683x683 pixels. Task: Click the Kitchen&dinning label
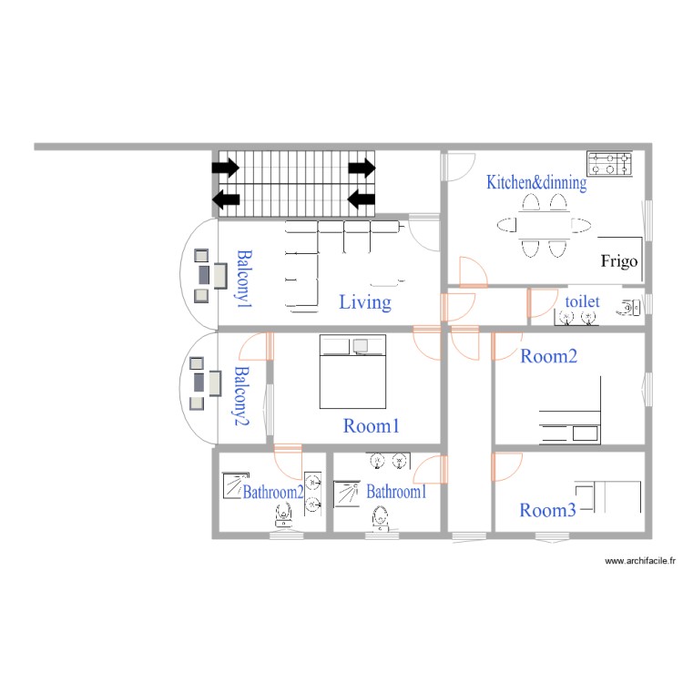pyautogui.click(x=535, y=182)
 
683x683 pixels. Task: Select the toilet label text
pyautogui.click(x=582, y=301)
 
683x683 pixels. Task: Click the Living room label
pyautogui.click(x=365, y=302)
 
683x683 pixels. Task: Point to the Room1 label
pyautogui.click(x=372, y=425)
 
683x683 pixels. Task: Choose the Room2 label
pyautogui.click(x=548, y=356)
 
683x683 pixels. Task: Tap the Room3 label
pyautogui.click(x=547, y=511)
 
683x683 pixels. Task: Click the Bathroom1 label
pyautogui.click(x=397, y=492)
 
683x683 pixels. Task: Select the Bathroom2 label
pyautogui.click(x=272, y=492)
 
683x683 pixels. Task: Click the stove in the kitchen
pyautogui.click(x=609, y=164)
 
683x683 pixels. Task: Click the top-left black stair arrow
pyautogui.click(x=225, y=168)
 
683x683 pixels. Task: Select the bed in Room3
pyautogui.click(x=612, y=496)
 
